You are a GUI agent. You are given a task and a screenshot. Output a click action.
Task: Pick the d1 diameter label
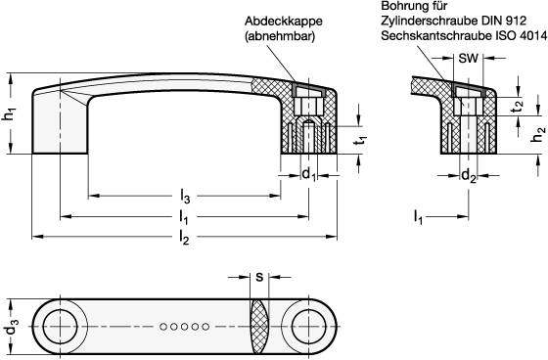click(308, 175)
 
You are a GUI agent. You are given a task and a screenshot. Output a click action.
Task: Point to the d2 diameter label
click(469, 176)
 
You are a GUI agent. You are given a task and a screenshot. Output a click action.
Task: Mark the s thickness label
click(258, 277)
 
